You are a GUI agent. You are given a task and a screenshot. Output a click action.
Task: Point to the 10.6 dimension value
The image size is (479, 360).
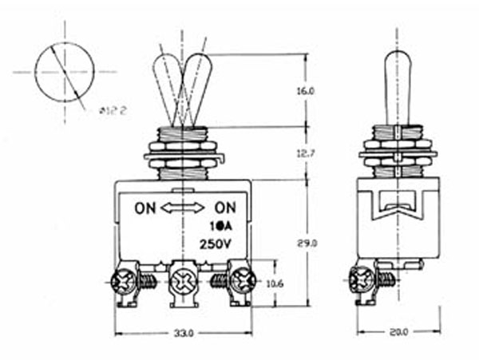click(x=275, y=282)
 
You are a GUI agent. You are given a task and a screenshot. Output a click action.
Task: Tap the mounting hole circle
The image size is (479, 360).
click(x=65, y=72)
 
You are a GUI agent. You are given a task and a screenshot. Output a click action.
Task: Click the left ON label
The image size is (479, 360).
click(x=145, y=209)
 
